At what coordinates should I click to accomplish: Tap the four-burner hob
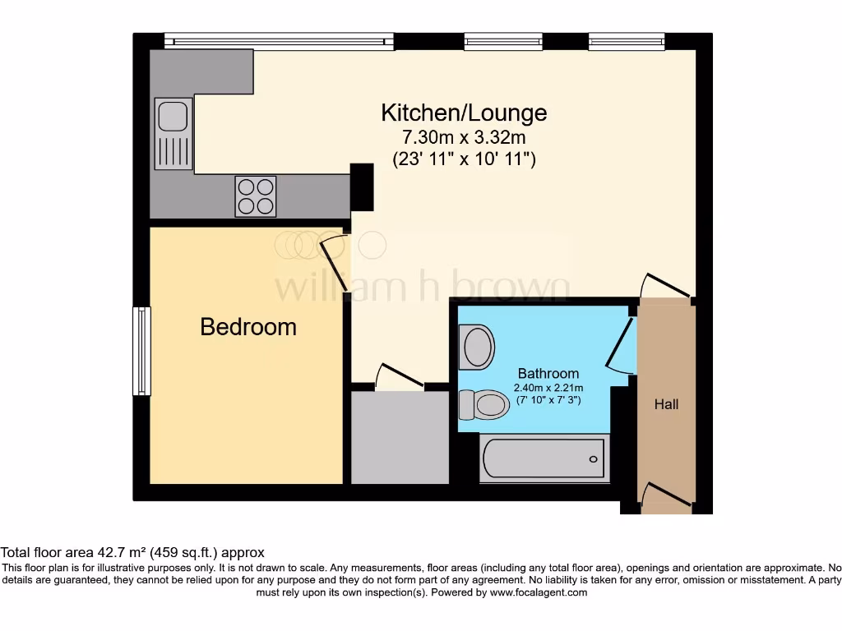tap(256, 196)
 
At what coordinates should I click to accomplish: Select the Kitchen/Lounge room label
tap(464, 112)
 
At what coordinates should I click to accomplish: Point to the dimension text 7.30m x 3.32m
tap(464, 136)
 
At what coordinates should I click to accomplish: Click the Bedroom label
tap(248, 327)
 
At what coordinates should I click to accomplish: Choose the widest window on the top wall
tap(279, 40)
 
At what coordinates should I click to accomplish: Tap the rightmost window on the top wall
tap(626, 40)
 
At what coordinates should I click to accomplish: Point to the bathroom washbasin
tap(478, 346)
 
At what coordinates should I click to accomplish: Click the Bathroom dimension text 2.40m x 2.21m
tap(548, 388)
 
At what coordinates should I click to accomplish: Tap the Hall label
tap(667, 404)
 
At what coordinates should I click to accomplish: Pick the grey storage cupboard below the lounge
tap(400, 437)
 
